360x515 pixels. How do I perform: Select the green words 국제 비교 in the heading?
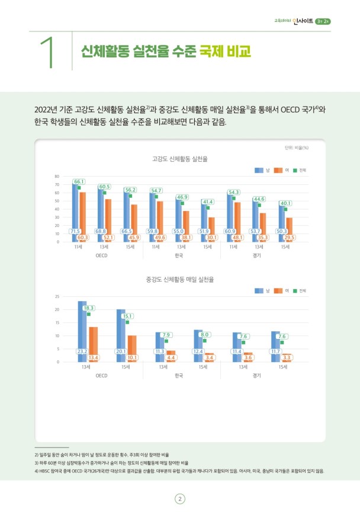tap(225, 52)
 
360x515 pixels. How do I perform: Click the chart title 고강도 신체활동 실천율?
tap(179, 159)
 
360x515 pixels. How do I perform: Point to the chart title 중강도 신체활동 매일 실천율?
tap(179, 279)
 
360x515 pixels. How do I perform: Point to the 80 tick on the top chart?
tap(57, 177)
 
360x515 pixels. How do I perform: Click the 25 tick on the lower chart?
tap(57, 296)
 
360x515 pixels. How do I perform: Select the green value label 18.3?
tap(89, 308)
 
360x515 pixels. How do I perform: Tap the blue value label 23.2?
tap(82, 351)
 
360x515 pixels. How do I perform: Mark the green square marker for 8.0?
tap(205, 341)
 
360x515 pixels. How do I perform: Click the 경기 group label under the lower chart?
tap(256, 375)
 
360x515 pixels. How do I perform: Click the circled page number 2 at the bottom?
tap(179, 498)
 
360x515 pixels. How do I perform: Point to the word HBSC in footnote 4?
tap(47, 471)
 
